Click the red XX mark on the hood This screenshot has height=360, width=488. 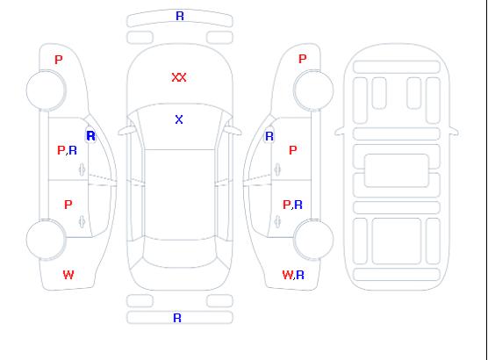coord(179,77)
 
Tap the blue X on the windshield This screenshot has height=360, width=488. coord(179,119)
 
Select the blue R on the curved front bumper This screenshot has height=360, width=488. coord(180,16)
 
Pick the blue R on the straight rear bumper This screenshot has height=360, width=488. coord(177,318)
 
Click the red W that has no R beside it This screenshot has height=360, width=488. coord(68,275)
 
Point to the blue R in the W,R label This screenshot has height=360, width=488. coord(300,275)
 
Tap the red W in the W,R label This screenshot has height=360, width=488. coord(288,275)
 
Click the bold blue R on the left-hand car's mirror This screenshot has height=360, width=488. coord(91,136)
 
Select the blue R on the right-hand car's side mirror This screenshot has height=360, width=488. coord(269,136)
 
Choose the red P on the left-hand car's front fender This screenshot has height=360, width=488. coord(59,60)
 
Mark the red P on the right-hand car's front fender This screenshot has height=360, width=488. coord(302,59)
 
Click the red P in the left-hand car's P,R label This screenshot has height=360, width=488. coord(61,150)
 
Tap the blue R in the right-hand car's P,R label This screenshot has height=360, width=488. coord(298,205)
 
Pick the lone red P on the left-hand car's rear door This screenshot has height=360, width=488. coord(68,205)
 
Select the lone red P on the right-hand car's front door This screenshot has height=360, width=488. coord(293,150)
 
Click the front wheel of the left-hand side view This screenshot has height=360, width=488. coord(46,90)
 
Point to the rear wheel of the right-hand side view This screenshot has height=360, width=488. coord(313,239)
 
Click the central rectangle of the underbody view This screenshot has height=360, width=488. coord(397,170)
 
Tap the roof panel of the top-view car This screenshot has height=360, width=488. coord(180,195)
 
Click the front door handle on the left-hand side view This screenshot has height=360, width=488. coord(83,169)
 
